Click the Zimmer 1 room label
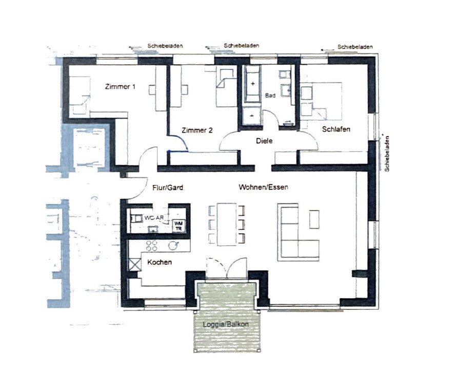[x=120, y=87]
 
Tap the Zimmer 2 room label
[x=196, y=130]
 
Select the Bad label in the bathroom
[x=270, y=96]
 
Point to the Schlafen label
[x=336, y=129]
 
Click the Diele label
[x=264, y=140]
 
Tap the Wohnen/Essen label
[x=263, y=188]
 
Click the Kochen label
[x=159, y=263]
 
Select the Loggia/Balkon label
[x=226, y=325]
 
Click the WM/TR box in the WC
[x=178, y=224]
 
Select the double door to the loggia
[x=226, y=270]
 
